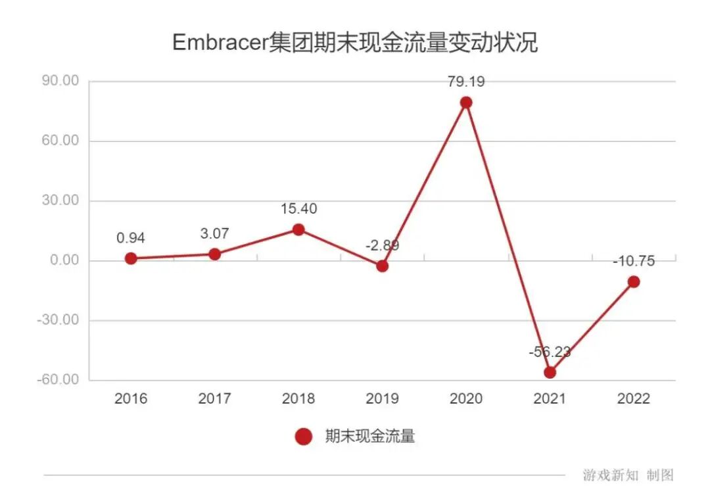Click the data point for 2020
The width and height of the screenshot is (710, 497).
466,103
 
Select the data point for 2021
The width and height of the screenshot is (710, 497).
550,372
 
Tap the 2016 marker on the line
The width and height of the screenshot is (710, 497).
131,258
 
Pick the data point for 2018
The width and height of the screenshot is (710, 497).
298,229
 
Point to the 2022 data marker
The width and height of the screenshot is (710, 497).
634,282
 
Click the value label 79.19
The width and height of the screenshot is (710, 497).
466,82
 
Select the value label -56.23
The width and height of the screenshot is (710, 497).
550,352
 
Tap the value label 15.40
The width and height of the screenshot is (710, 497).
298,209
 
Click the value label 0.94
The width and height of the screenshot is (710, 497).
131,238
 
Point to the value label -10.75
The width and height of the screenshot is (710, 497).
634,261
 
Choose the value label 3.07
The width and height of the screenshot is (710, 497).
214,233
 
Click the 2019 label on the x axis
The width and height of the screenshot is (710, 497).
382,399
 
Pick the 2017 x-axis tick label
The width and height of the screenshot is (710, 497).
214,399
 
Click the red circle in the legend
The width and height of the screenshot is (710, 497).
303,436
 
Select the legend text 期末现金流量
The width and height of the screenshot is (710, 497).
370,436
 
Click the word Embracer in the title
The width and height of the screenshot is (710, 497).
220,43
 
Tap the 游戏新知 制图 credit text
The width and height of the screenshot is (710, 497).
628,475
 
